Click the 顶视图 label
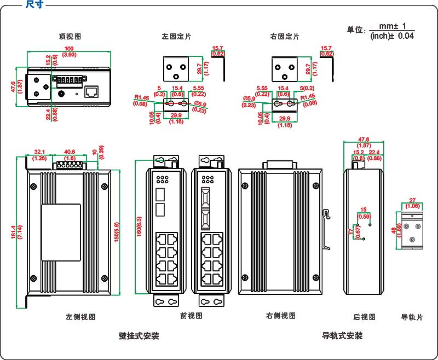coord(70,37)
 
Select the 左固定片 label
coord(176,37)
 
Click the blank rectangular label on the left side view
coord(61,232)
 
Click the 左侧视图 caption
coord(81,317)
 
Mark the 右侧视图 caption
coord(281,316)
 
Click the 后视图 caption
coord(365,317)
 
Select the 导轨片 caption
coord(412,317)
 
